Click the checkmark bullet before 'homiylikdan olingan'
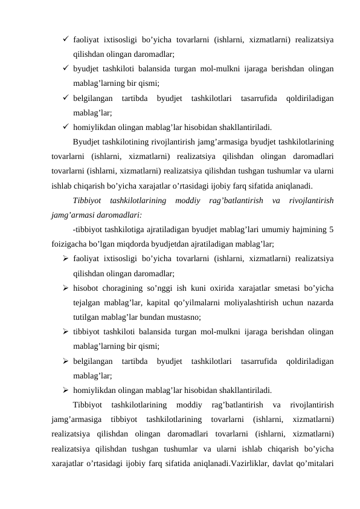click(65, 127)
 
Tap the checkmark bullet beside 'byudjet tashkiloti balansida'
click(65, 69)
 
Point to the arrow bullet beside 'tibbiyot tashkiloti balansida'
click(65, 332)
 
